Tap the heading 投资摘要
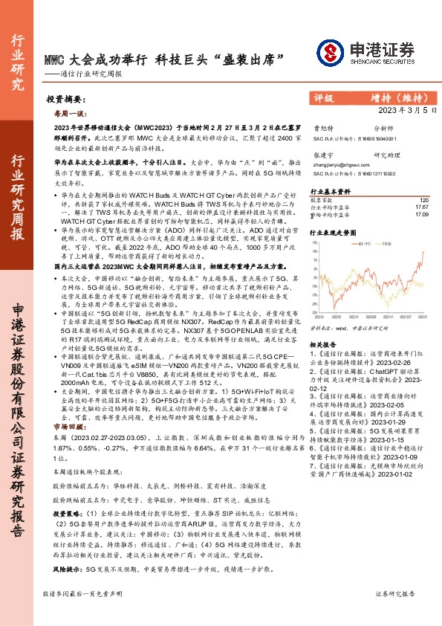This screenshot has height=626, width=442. click(x=65, y=99)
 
